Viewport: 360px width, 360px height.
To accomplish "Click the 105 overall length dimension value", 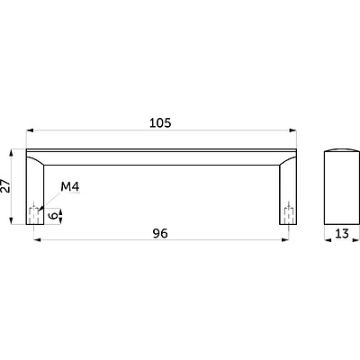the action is (160, 123).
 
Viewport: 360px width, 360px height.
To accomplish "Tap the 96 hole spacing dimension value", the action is (160, 233).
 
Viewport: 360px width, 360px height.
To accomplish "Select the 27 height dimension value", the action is (5, 186).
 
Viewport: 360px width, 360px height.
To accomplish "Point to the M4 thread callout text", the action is (70, 187).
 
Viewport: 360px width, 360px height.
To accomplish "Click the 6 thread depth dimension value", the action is (53, 215).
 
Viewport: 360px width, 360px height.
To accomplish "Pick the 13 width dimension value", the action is (342, 233).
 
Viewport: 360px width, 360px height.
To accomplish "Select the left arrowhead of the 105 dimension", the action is (30, 130).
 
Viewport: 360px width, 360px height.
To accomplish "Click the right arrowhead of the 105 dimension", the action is (292, 130).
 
